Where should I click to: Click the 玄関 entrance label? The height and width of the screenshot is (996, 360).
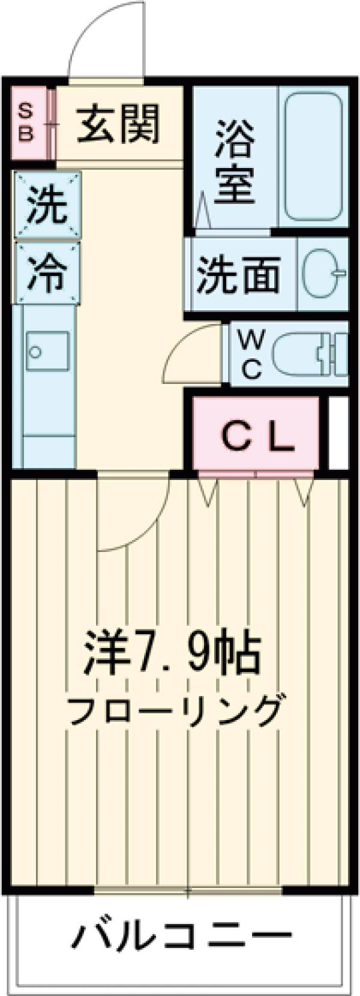[x=119, y=124]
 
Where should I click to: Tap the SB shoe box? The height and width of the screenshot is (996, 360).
[x=26, y=124]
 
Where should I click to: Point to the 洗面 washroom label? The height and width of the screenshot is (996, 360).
[x=239, y=275]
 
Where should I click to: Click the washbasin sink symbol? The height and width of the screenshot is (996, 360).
[x=323, y=275]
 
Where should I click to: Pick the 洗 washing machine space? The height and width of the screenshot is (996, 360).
[x=47, y=205]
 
